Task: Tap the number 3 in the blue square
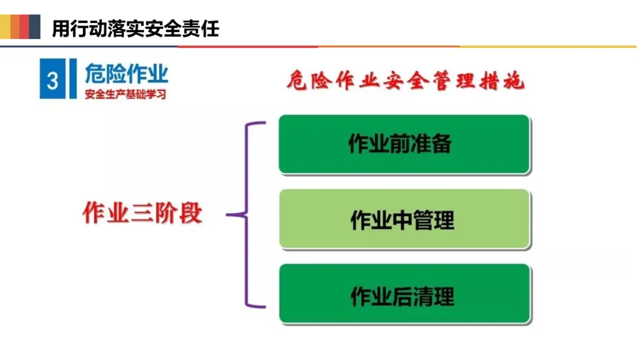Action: tap(52, 80)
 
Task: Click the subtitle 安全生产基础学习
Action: tap(125, 94)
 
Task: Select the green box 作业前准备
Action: tap(404, 144)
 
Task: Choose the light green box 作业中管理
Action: tap(404, 219)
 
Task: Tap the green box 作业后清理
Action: tap(404, 294)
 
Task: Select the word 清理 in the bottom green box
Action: tap(435, 295)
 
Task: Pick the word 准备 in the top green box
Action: tap(434, 144)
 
